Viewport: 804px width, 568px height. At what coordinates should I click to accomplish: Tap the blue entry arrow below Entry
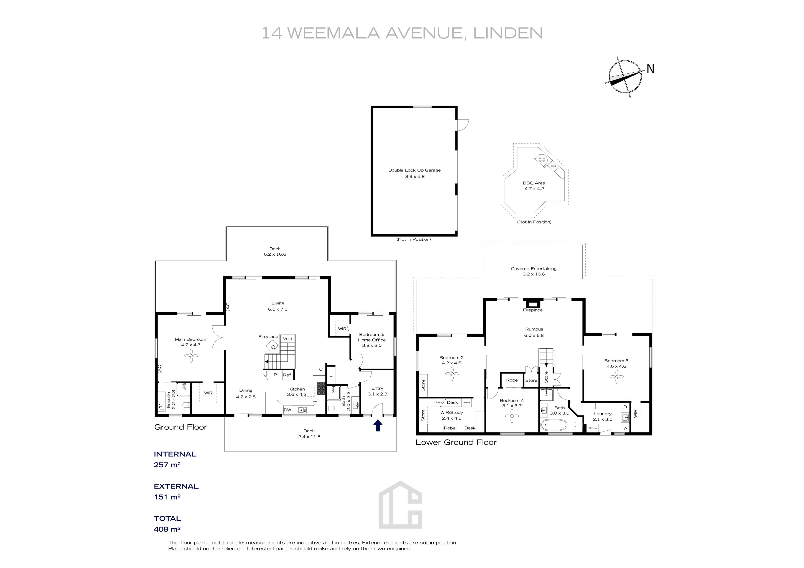378,425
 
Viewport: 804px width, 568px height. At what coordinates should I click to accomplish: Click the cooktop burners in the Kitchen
321,388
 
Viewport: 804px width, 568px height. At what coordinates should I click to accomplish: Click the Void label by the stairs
287,339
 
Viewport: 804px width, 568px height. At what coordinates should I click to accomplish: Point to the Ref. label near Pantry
287,375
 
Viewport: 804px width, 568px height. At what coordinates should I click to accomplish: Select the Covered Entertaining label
533,269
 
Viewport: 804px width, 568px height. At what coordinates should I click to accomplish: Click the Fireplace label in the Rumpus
533,310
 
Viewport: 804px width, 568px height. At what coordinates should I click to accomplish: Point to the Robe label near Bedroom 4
512,380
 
